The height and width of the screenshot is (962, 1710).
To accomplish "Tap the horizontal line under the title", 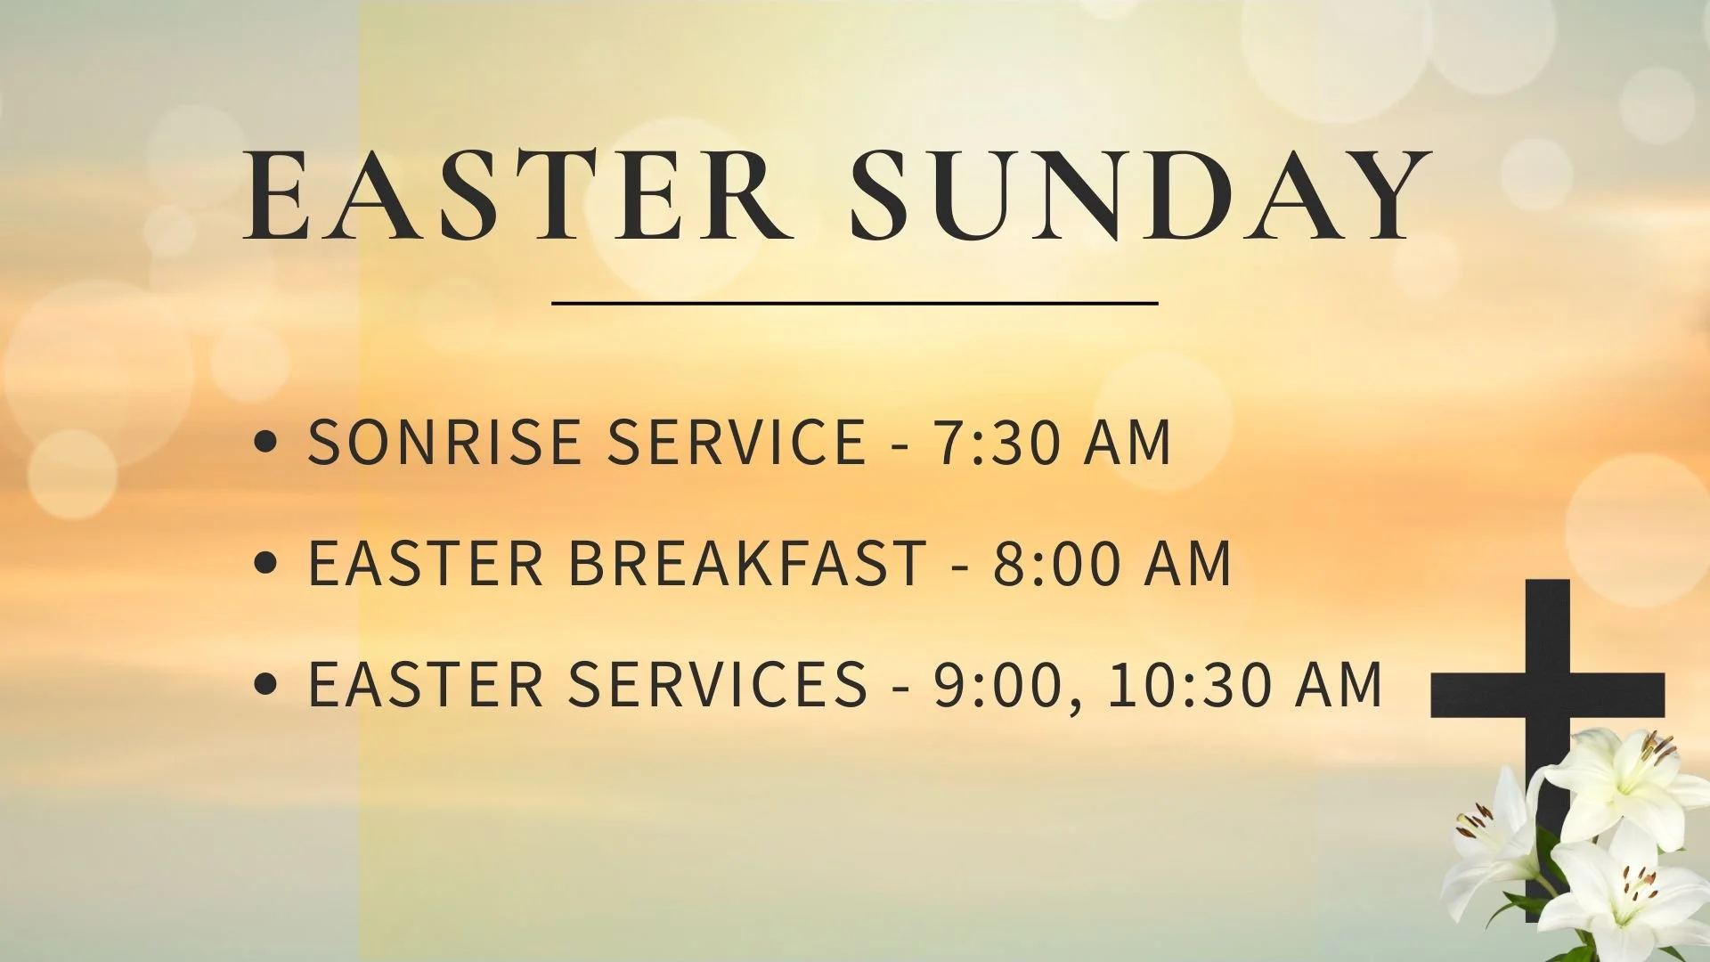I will (855, 304).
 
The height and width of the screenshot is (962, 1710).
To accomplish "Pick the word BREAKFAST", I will (748, 563).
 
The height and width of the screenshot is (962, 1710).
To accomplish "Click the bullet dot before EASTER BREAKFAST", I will (265, 563).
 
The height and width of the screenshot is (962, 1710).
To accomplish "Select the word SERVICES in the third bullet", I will (718, 684).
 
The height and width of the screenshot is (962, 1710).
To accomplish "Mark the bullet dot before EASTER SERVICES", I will (265, 684).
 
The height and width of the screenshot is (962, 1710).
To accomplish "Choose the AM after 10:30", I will (1339, 684).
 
